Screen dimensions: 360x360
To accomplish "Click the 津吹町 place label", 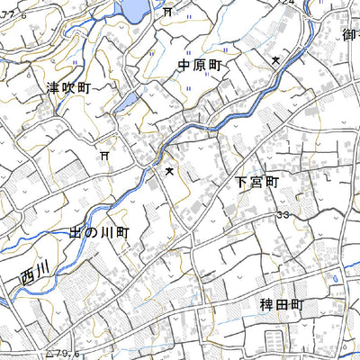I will [x=69, y=87].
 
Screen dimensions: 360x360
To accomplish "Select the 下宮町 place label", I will [x=258, y=181].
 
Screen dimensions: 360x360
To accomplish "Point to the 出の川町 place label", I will [x=100, y=232].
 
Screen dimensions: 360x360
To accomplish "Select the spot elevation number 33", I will [x=283, y=216].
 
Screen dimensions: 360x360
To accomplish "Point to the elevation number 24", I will [x=288, y=4].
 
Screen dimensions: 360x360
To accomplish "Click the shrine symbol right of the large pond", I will [x=167, y=13].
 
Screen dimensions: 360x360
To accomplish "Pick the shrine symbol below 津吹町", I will [x=105, y=156].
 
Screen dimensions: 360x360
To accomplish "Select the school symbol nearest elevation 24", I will [x=275, y=60].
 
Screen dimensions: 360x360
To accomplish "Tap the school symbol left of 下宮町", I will [x=168, y=169].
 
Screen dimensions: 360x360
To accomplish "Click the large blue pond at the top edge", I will [x=132, y=9].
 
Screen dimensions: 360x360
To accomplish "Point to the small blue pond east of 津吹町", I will [x=128, y=100].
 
